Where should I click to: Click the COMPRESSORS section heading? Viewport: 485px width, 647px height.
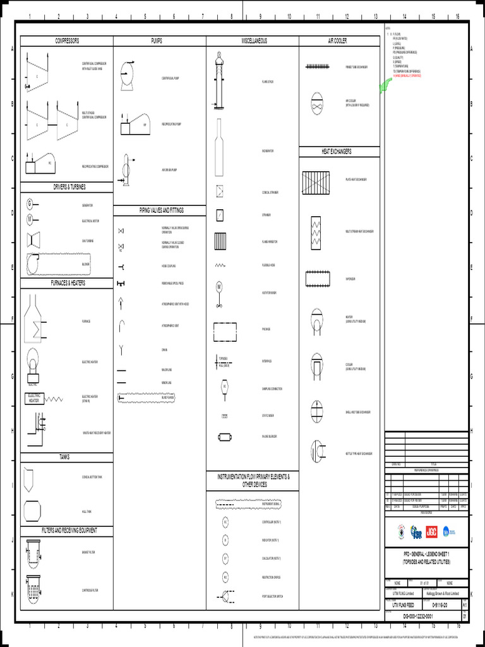click(66, 41)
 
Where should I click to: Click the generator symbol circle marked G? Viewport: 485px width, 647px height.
click(29, 203)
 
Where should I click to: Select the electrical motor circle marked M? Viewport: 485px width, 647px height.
click(29, 219)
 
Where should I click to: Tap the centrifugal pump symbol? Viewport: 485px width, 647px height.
click(127, 73)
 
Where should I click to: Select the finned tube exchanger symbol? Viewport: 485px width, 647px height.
click(320, 66)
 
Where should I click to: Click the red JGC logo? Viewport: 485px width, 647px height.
click(432, 532)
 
